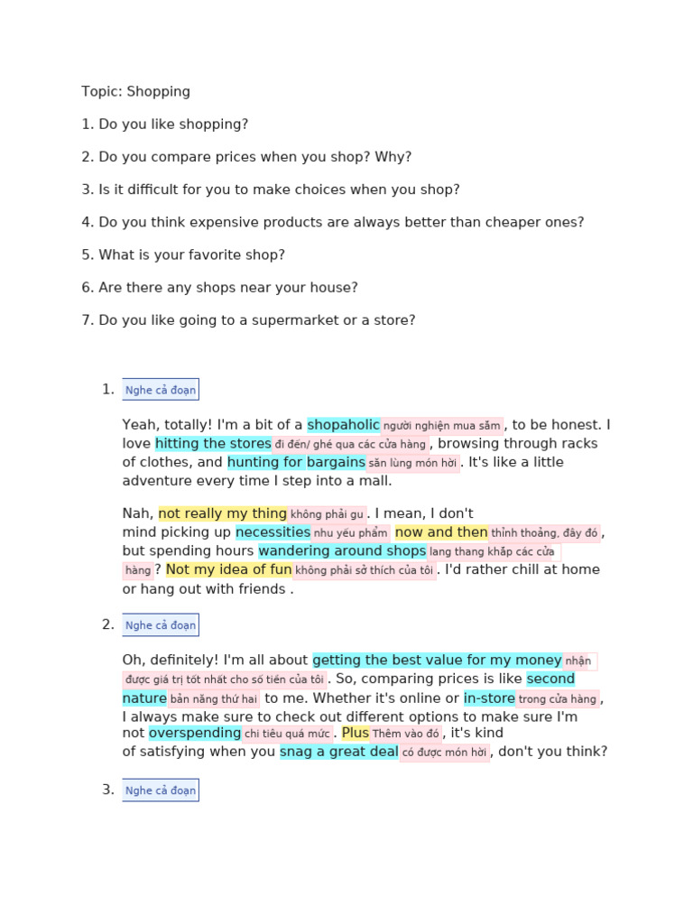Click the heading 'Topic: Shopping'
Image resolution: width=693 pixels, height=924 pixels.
pyautogui.click(x=135, y=91)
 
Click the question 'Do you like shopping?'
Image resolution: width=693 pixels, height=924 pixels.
pyautogui.click(x=173, y=124)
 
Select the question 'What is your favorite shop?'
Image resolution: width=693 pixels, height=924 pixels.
pyautogui.click(x=191, y=254)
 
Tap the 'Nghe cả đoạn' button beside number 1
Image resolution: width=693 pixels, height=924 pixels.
pyautogui.click(x=160, y=390)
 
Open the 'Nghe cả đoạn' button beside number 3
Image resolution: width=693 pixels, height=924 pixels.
pyautogui.click(x=160, y=790)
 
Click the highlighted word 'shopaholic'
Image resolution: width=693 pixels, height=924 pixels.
pyautogui.click(x=343, y=425)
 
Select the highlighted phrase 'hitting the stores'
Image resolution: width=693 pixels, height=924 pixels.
pyautogui.click(x=213, y=443)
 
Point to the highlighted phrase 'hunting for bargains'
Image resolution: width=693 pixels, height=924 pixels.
pyautogui.click(x=296, y=462)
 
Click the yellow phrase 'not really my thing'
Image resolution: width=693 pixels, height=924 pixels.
pyautogui.click(x=223, y=513)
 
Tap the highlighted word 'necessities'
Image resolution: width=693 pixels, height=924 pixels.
pyautogui.click(x=273, y=532)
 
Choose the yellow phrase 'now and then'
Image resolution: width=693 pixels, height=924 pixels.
pyautogui.click(x=441, y=532)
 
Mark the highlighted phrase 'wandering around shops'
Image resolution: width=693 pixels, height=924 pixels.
pyautogui.click(x=342, y=550)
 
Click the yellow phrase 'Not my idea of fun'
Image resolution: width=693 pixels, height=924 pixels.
pyautogui.click(x=229, y=569)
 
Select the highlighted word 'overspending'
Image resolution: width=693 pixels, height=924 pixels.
pyautogui.click(x=195, y=733)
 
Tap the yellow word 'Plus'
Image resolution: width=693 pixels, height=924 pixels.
pyautogui.click(x=356, y=733)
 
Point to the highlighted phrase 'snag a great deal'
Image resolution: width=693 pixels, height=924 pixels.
pyautogui.click(x=339, y=752)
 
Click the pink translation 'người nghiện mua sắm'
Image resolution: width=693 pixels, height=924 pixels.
pyautogui.click(x=441, y=426)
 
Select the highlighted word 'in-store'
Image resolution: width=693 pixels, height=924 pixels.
pyautogui.click(x=490, y=698)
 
